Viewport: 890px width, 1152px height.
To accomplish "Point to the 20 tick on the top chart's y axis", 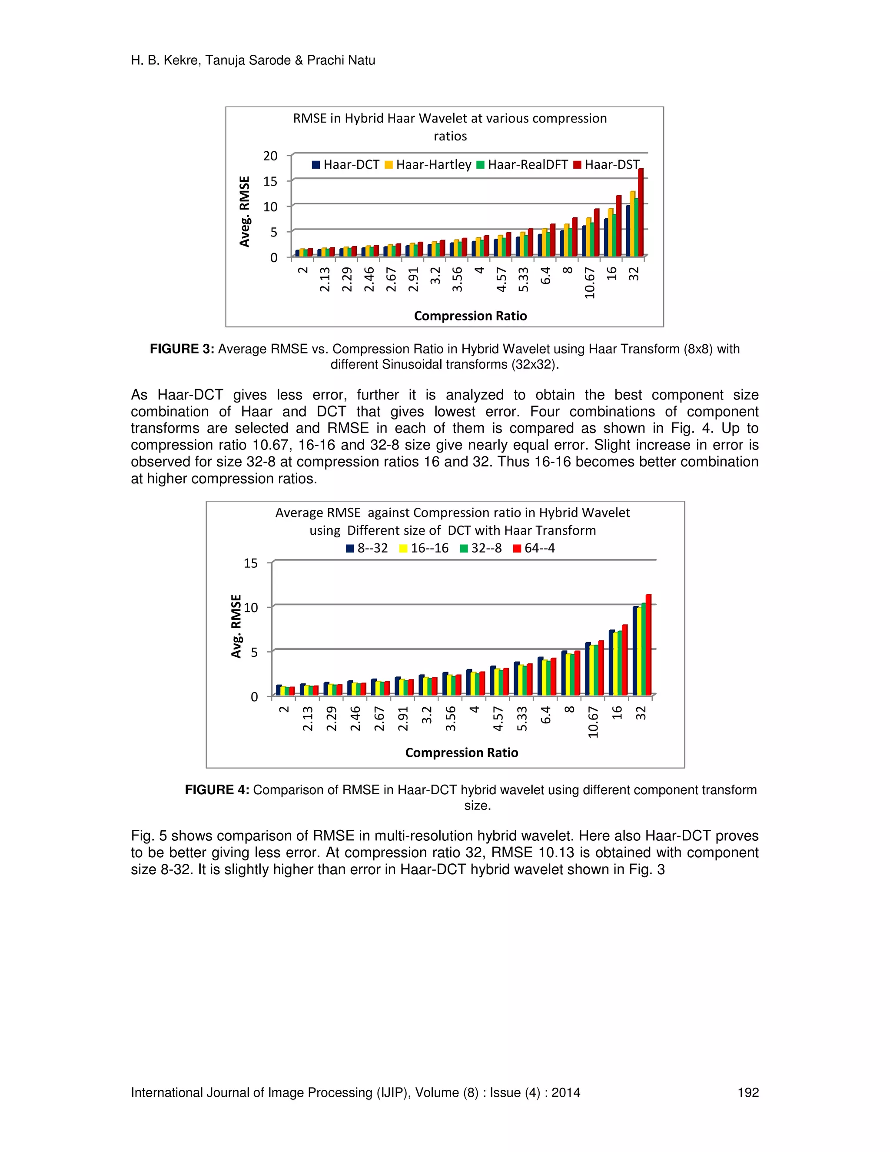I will coord(270,156).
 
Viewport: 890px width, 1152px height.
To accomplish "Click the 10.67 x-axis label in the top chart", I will coord(589,283).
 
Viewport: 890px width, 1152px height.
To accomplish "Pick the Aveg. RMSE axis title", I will coord(244,212).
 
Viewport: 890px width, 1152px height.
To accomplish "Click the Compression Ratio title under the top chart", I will coord(470,316).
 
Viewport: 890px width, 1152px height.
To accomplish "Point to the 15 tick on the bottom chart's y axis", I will coord(250,563).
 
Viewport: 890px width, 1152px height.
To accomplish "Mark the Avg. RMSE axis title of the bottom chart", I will coord(236,626).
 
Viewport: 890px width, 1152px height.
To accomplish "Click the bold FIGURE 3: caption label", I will coord(182,349).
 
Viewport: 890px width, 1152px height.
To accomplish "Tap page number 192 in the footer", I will coord(747,1092).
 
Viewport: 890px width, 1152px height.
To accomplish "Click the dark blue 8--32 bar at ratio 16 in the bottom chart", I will coord(611,663).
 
